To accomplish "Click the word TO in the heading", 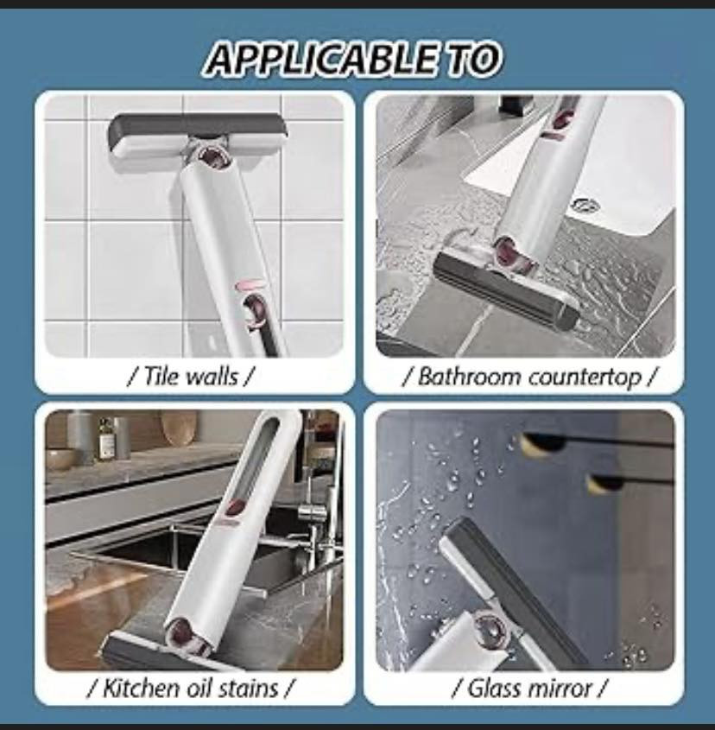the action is (x=467, y=59).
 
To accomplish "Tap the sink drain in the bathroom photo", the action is (x=585, y=205).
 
